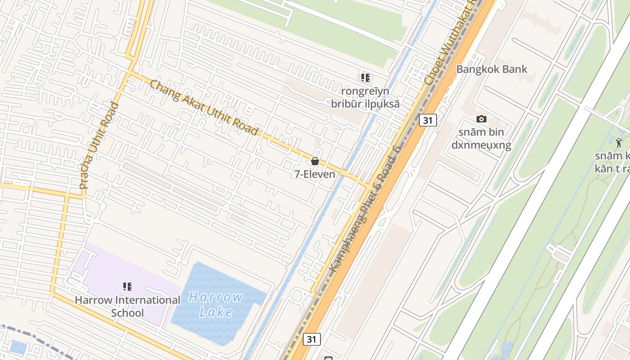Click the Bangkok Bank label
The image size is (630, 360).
click(x=491, y=69)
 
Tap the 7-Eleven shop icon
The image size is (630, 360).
click(x=315, y=161)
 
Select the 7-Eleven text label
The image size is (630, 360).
click(x=315, y=174)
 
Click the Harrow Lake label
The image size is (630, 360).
click(x=216, y=305)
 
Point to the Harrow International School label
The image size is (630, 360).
click(x=127, y=306)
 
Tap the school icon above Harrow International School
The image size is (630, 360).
click(x=127, y=286)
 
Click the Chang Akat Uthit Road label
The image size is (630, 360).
click(x=204, y=108)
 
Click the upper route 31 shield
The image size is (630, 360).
click(x=427, y=120)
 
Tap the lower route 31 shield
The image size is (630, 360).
click(x=311, y=339)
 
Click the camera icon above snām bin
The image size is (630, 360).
click(x=481, y=119)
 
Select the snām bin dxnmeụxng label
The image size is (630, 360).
click(x=481, y=139)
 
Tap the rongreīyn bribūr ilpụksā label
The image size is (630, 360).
click(x=365, y=97)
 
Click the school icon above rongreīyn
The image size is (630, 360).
click(x=365, y=77)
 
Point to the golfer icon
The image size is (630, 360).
click(x=620, y=143)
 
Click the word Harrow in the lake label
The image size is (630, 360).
click(x=216, y=297)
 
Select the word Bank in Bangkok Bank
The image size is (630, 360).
click(x=515, y=69)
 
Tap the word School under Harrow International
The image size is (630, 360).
click(x=127, y=313)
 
